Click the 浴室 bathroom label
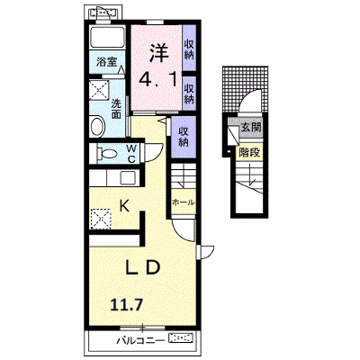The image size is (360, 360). click(x=106, y=62)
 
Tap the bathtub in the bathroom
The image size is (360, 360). click(x=107, y=37)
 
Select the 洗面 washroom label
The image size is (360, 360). click(x=116, y=109)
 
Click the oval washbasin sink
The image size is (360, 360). click(x=97, y=127)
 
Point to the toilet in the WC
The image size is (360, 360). click(x=106, y=154)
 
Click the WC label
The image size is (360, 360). click(x=131, y=154)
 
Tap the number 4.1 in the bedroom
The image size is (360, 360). click(x=157, y=79)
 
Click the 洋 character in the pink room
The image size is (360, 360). click(x=158, y=52)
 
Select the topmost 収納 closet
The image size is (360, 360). click(x=189, y=49)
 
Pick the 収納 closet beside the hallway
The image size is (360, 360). click(x=184, y=137)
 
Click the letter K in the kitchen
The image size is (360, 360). click(x=124, y=206)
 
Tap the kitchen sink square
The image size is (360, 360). click(x=128, y=178)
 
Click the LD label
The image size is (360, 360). click(x=142, y=268)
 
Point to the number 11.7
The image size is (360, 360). click(x=126, y=306)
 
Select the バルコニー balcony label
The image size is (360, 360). click(x=140, y=340)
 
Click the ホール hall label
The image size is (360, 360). click(x=183, y=202)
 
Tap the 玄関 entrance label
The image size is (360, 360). click(x=251, y=127)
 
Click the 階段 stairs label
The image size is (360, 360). click(x=249, y=153)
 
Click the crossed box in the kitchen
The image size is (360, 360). click(x=101, y=219)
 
